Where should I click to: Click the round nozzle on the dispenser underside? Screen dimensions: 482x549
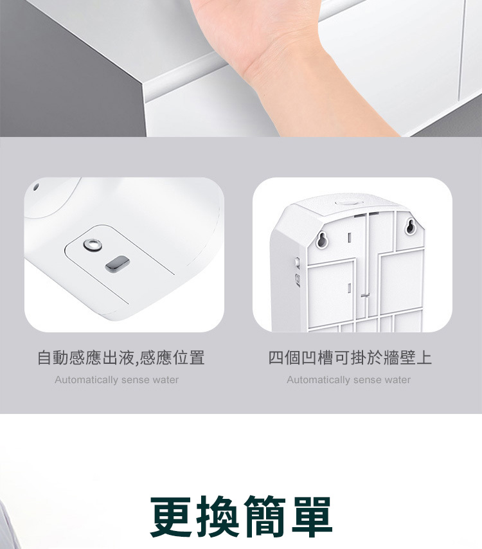pyautogui.click(x=93, y=245)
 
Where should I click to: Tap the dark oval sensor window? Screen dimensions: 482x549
pyautogui.click(x=118, y=264)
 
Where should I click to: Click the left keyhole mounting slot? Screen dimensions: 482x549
pyautogui.click(x=322, y=240)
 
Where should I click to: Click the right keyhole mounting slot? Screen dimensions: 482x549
pyautogui.click(x=411, y=226)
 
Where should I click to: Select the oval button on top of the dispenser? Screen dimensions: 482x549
pyautogui.click(x=346, y=203)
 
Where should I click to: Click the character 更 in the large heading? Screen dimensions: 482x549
pyautogui.click(x=171, y=516)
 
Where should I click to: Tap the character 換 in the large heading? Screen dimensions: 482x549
pyautogui.click(x=218, y=516)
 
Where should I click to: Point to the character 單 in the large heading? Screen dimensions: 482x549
pyautogui.click(x=311, y=516)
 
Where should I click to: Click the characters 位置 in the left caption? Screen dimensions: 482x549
pyautogui.click(x=189, y=357)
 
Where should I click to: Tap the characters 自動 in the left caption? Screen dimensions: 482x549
pyautogui.click(x=53, y=357)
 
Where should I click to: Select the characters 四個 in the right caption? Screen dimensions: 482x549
pyautogui.click(x=284, y=357)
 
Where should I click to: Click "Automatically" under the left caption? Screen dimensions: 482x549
pyautogui.click(x=86, y=380)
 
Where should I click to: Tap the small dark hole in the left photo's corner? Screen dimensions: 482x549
pyautogui.click(x=36, y=187)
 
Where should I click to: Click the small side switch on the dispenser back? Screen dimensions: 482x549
pyautogui.click(x=297, y=262)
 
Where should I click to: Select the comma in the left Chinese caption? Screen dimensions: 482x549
pyautogui.click(x=137, y=363)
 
